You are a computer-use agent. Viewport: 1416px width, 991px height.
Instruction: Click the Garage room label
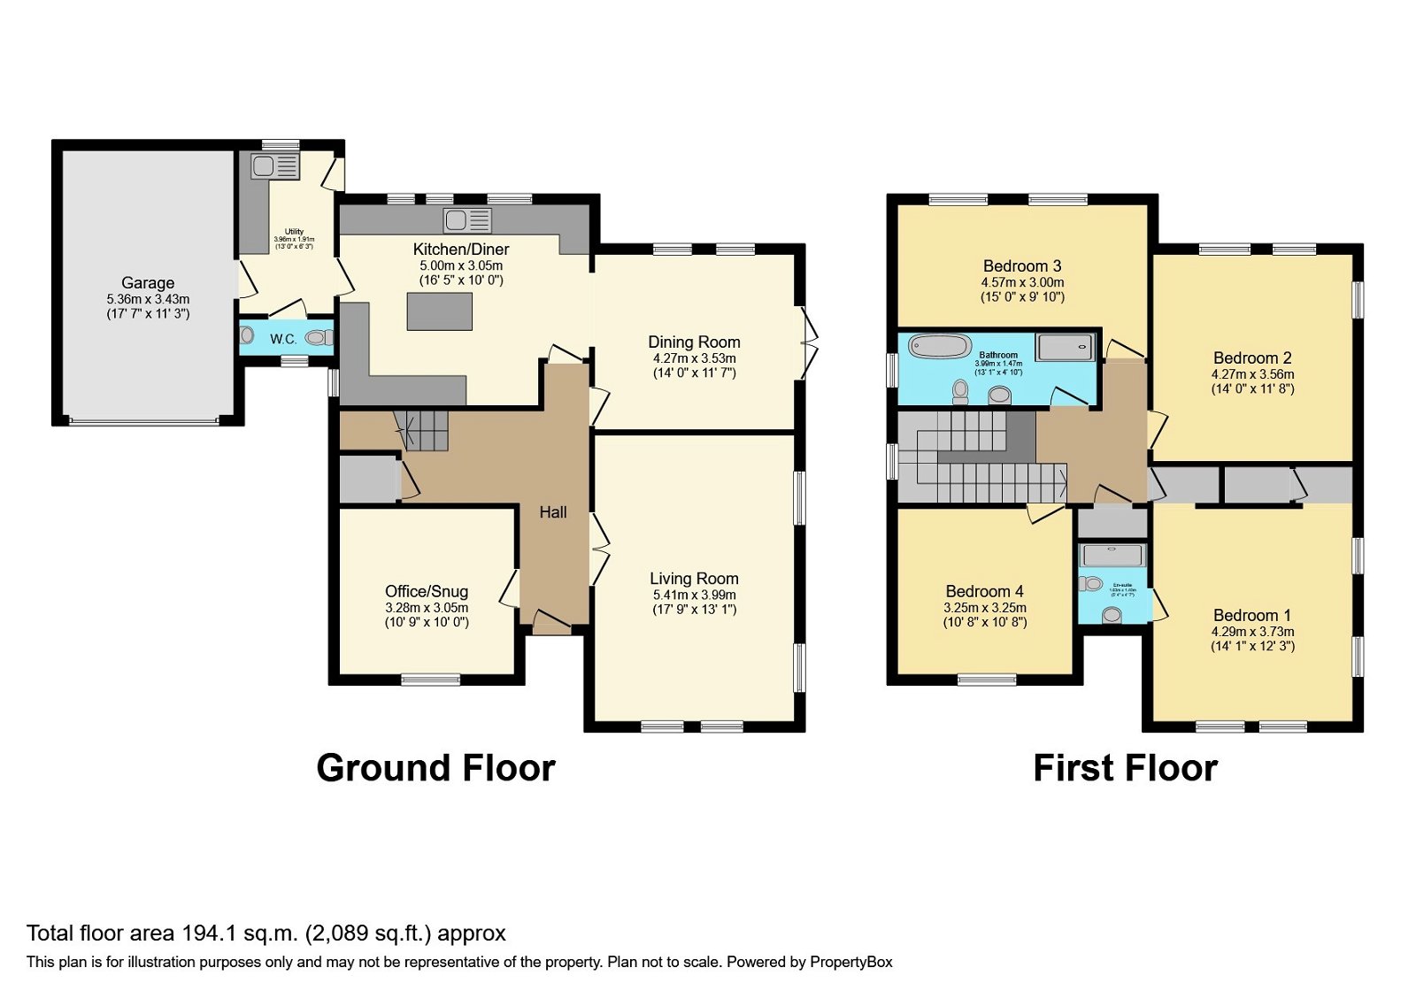pos(148,283)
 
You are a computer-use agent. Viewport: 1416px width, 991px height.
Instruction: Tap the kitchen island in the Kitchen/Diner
pos(439,311)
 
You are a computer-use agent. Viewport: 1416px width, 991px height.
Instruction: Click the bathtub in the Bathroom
pos(940,346)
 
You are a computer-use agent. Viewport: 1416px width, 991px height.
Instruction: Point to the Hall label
pos(553,512)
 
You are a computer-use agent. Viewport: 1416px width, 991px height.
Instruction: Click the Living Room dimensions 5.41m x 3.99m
pos(694,595)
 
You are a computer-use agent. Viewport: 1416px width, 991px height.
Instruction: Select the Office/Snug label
pos(427,591)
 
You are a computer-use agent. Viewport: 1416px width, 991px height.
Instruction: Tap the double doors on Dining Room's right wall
pos(807,342)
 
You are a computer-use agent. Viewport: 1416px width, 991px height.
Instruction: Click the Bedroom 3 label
pos(1022,266)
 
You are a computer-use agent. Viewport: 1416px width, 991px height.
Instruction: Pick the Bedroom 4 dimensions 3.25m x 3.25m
pos(985,608)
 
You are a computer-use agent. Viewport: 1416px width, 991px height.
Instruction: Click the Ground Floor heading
pos(435,768)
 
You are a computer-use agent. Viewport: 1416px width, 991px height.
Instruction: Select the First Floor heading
pos(1125,768)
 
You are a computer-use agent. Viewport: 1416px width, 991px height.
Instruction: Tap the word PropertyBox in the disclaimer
pos(850,962)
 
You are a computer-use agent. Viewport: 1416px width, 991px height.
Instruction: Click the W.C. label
pos(283,339)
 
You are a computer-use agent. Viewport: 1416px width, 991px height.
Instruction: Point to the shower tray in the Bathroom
pos(1065,347)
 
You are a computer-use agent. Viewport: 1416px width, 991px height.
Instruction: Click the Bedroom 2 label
pos(1252,358)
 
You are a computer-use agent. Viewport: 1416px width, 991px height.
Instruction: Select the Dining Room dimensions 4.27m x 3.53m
pos(694,358)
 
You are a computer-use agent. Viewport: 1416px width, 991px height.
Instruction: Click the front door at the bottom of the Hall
pos(551,626)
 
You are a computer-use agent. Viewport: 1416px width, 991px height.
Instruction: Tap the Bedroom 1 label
pos(1252,615)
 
